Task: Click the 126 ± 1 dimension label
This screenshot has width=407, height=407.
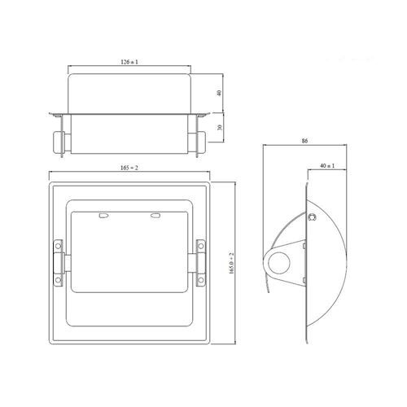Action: pos(129,62)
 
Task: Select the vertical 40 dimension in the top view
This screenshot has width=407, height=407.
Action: pos(219,93)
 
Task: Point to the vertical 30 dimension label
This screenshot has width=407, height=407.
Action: pos(220,127)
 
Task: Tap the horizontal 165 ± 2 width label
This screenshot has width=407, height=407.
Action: pos(129,168)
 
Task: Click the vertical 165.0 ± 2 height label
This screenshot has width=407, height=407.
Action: pos(231,263)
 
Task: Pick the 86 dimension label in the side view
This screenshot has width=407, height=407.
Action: pos(304,141)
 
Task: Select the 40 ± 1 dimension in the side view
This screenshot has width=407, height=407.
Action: pos(327,165)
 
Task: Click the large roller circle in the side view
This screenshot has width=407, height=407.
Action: pos(279,263)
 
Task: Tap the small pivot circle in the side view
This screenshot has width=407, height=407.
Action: pos(311,217)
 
